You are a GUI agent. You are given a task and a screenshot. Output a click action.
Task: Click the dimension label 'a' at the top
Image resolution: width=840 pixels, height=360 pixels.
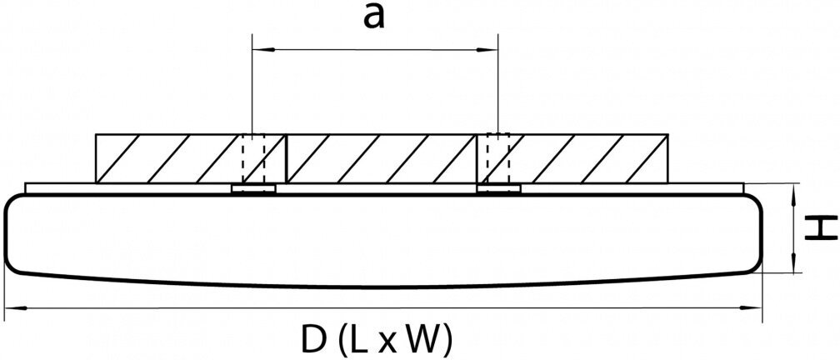(x=374, y=17)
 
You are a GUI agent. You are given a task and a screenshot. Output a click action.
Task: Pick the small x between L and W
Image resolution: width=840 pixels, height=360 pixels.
(x=390, y=341)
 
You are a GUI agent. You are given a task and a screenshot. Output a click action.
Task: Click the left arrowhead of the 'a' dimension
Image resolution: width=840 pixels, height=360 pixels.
(x=259, y=51)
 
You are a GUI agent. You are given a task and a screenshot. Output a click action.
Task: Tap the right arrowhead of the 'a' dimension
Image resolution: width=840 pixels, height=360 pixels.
(x=489, y=51)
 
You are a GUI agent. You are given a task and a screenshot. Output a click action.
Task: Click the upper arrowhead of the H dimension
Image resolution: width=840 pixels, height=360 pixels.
(x=794, y=192)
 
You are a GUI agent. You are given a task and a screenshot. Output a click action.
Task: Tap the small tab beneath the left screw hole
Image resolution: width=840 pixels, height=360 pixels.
(x=253, y=190)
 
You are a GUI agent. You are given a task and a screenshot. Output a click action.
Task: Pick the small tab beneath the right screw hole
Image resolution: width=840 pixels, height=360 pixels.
(x=498, y=190)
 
